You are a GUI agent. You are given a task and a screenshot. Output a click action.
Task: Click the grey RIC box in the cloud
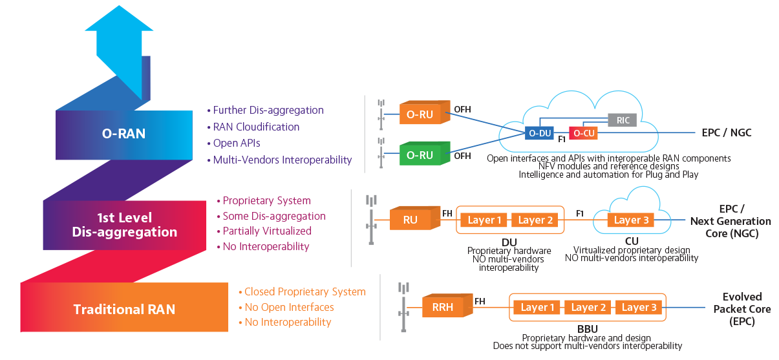622,120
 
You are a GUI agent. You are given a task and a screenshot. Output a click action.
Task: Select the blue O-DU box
539,133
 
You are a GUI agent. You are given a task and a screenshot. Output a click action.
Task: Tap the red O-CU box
583,133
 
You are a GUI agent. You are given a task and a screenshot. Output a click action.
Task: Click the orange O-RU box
425,112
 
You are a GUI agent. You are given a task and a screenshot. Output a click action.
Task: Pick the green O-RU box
425,153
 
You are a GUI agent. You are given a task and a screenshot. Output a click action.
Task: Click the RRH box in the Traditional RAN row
447,306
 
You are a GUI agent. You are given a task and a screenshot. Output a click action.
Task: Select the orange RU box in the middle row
415,218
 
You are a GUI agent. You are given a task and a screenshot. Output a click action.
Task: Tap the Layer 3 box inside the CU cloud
631,220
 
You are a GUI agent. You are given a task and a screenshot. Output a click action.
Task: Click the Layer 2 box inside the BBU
588,308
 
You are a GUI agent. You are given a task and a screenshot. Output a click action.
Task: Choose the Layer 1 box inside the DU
484,220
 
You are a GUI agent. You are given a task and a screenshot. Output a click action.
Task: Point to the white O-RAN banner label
124,134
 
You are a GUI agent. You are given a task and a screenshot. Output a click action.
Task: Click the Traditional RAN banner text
124,309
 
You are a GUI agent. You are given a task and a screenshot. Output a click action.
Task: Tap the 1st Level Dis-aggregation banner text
125,225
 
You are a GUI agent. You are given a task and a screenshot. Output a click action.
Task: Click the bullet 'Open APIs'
234,143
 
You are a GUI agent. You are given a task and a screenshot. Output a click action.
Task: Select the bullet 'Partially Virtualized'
264,231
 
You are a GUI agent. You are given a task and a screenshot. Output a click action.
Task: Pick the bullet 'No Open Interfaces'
286,307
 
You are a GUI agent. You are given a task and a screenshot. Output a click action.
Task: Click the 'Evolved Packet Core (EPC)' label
742,309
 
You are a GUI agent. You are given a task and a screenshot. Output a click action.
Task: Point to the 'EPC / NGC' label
727,132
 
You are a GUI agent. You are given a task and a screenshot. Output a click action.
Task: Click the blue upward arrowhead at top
119,18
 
